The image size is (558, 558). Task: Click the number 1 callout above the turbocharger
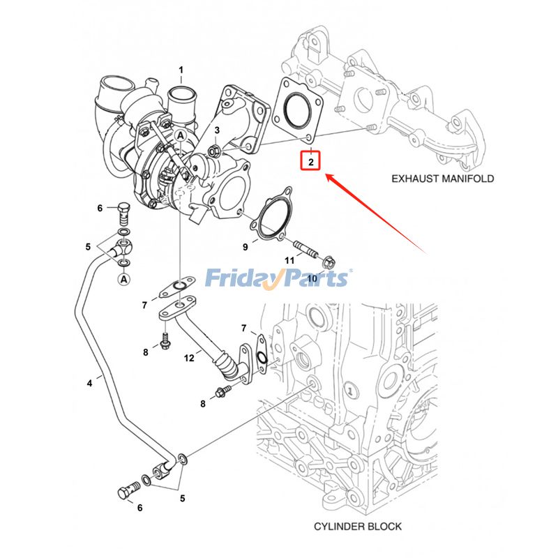click(x=181, y=70)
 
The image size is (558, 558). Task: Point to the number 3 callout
click(x=218, y=130)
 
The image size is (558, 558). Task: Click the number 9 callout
click(x=246, y=246)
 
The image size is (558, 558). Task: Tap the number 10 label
click(x=312, y=278)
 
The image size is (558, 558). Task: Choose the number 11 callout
click(x=289, y=260)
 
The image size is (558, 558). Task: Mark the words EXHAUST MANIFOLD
click(x=442, y=179)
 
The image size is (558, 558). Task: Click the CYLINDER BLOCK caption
click(x=357, y=526)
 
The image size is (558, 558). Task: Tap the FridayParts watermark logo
click(x=278, y=279)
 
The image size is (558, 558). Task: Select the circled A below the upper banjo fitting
click(x=123, y=280)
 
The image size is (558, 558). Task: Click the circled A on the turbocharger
click(x=180, y=135)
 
